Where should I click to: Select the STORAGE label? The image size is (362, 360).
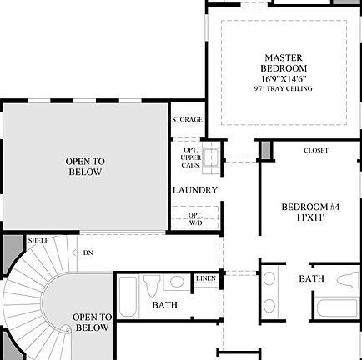coord(187,120)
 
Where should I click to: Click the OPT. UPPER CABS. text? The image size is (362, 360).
coord(190,156)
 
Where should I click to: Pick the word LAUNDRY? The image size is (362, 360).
coord(195,190)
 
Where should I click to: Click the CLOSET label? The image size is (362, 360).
coord(315,151)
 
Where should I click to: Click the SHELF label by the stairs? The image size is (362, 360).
coord(38,240)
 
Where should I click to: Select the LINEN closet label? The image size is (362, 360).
coord(207,278)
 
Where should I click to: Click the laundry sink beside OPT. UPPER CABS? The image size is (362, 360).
coord(212,155)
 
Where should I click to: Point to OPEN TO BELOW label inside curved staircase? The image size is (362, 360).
coord(92,322)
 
